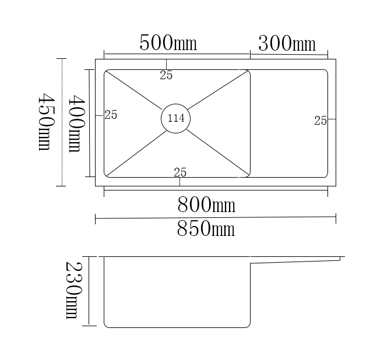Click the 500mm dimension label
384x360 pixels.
pyautogui.click(x=168, y=43)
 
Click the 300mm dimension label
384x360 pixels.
pyautogui.click(x=287, y=44)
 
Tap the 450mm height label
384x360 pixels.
pyautogui.click(x=45, y=122)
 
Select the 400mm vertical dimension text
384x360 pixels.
pyautogui.click(x=75, y=124)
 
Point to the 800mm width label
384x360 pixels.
pyautogui.click(x=206, y=204)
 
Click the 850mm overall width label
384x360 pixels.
pyautogui.click(x=206, y=229)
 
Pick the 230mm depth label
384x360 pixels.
pyautogui.click(x=71, y=290)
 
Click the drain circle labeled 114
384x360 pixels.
pyautogui.click(x=175, y=118)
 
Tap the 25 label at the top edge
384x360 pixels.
pyautogui.click(x=166, y=75)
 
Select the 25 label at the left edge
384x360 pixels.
pyautogui.click(x=111, y=115)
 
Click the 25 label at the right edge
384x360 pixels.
pyautogui.click(x=320, y=121)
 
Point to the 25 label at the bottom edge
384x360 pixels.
pyautogui.click(x=180, y=172)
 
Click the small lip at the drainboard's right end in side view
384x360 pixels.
pyautogui.click(x=340, y=258)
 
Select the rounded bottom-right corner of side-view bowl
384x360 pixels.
pyautogui.click(x=248, y=324)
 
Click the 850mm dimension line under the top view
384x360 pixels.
pyautogui.click(x=216, y=218)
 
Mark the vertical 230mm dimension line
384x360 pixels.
pyautogui.click(x=89, y=291)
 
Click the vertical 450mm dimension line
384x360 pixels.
pyautogui.click(x=61, y=122)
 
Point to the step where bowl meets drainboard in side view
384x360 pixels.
pyautogui.click(x=251, y=264)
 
